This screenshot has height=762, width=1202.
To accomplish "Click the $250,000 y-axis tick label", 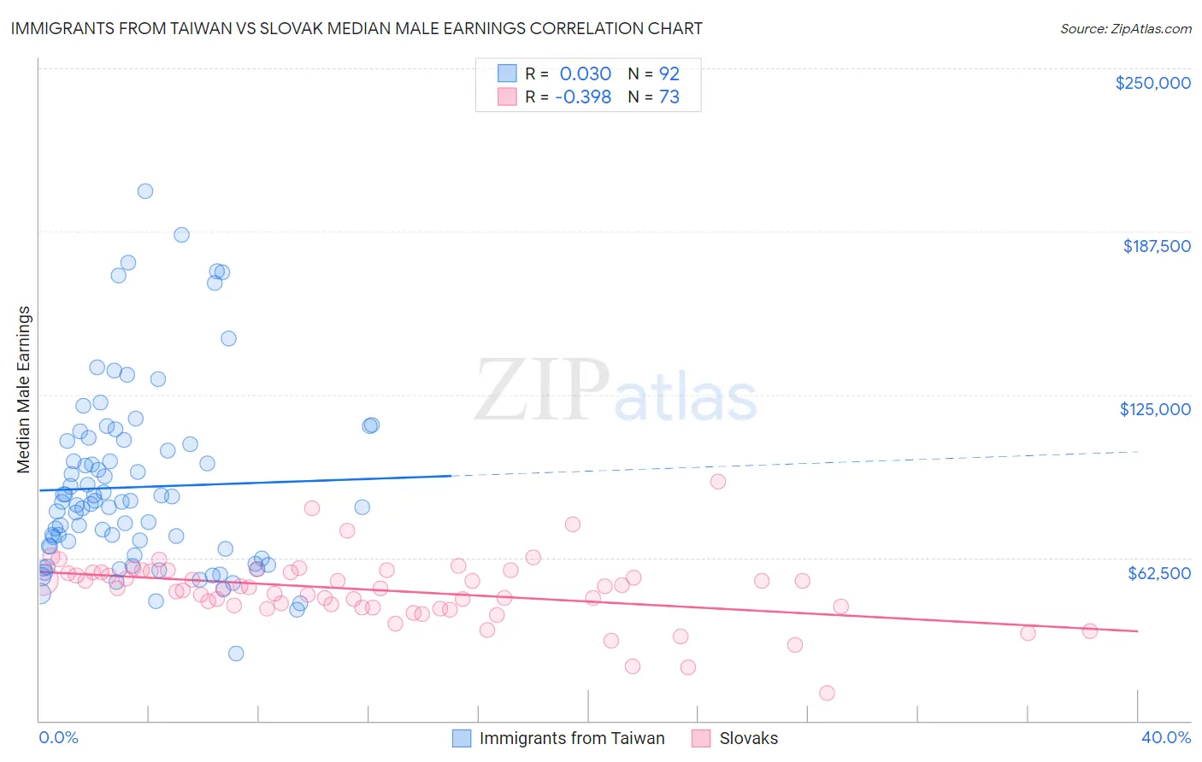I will pyautogui.click(x=1152, y=83).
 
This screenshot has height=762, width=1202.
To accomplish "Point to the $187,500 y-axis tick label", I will pyautogui.click(x=1156, y=246).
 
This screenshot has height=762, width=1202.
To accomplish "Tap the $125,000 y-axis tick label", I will pyautogui.click(x=1155, y=409).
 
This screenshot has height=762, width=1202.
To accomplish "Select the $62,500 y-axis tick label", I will pyautogui.click(x=1158, y=573).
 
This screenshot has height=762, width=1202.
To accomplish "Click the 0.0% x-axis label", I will pyautogui.click(x=58, y=737).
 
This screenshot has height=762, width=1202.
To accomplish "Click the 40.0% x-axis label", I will pyautogui.click(x=1165, y=737).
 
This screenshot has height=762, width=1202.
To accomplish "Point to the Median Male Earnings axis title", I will pyautogui.click(x=24, y=390).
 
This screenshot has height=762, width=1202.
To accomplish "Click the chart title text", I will pyautogui.click(x=356, y=28).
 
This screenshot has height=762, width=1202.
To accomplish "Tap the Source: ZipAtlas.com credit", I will pyautogui.click(x=1125, y=28).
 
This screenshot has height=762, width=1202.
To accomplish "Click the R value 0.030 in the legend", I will pyautogui.click(x=585, y=73).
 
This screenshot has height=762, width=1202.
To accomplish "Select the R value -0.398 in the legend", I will pyautogui.click(x=582, y=97).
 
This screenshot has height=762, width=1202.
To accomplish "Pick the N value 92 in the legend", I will pyautogui.click(x=669, y=73).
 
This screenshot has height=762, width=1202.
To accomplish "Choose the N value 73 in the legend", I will pyautogui.click(x=669, y=97).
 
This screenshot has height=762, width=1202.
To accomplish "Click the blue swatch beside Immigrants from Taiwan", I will pyautogui.click(x=462, y=738).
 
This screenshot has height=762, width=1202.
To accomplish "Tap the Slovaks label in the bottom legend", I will pyautogui.click(x=748, y=738).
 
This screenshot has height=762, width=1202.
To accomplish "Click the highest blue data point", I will pyautogui.click(x=145, y=191).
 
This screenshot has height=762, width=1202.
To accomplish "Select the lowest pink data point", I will pyautogui.click(x=827, y=693).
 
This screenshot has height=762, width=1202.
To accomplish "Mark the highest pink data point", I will pyautogui.click(x=718, y=482).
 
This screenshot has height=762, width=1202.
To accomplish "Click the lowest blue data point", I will pyautogui.click(x=236, y=654).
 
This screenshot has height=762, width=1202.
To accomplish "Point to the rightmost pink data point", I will pyautogui.click(x=1089, y=631).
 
